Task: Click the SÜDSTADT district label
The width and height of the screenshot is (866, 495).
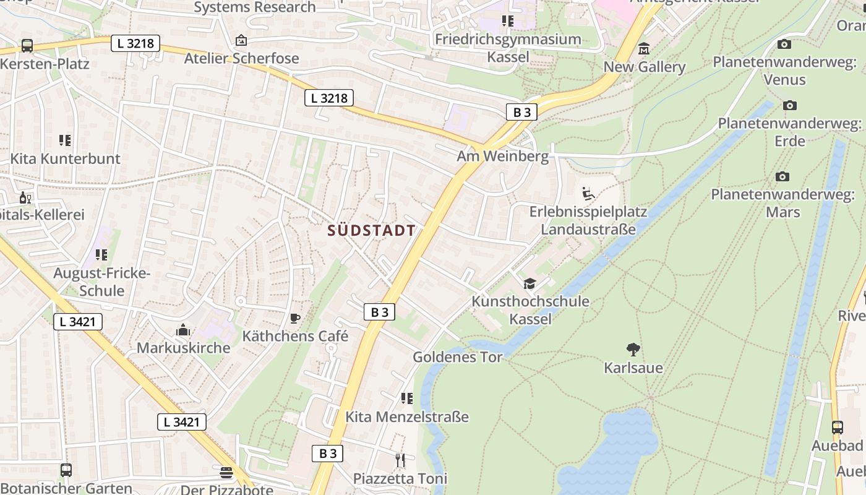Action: (x=371, y=231)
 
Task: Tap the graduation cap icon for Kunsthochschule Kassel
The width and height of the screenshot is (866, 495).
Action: (x=529, y=283)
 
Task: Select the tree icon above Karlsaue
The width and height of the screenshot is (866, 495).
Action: (x=633, y=350)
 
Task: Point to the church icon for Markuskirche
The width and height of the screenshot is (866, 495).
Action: (x=182, y=330)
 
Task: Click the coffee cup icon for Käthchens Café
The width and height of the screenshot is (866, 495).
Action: (x=295, y=319)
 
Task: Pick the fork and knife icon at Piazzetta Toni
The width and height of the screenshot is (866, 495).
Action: (x=400, y=460)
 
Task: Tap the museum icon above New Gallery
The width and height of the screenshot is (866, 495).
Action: (x=644, y=49)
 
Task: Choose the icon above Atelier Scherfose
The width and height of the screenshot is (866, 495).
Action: (x=241, y=40)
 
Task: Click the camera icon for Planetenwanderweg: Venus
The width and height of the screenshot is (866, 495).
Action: (x=784, y=44)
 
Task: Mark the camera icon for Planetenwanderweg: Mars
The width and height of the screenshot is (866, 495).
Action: (x=782, y=176)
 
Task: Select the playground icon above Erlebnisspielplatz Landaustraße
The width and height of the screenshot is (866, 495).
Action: (x=588, y=194)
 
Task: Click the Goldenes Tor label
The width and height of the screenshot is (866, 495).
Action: (x=458, y=357)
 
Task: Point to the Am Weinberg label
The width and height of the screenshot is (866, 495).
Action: (x=502, y=156)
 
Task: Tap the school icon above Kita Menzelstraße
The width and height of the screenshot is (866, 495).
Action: (x=406, y=398)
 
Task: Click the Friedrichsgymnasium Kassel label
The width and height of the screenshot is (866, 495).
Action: (x=508, y=48)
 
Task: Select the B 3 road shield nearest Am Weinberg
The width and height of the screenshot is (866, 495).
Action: (x=521, y=112)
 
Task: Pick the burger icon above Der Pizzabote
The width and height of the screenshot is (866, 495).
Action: (x=226, y=473)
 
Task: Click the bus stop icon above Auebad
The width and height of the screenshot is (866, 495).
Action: (x=838, y=427)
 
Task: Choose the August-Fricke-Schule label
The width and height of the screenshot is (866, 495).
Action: (x=102, y=282)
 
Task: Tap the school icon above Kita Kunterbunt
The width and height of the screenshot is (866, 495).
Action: (x=65, y=140)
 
